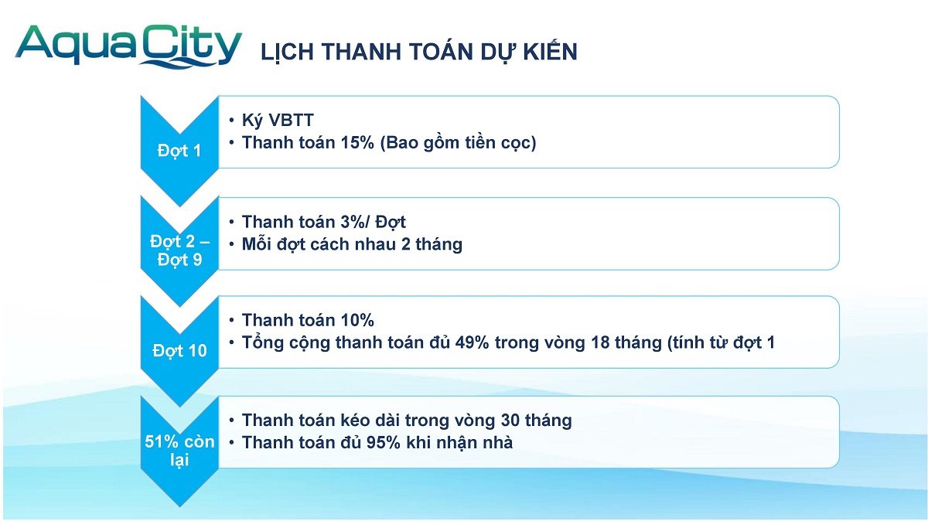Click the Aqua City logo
tap(128, 46)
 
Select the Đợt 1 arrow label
tap(179, 151)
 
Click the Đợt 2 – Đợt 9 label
tap(179, 250)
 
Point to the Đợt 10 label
tap(179, 351)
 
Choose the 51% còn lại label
tap(179, 451)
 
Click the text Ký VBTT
tap(278, 121)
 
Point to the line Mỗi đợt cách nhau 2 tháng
tap(352, 244)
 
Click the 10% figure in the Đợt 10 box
tap(357, 320)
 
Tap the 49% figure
tap(472, 342)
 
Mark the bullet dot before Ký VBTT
tap(231, 121)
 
